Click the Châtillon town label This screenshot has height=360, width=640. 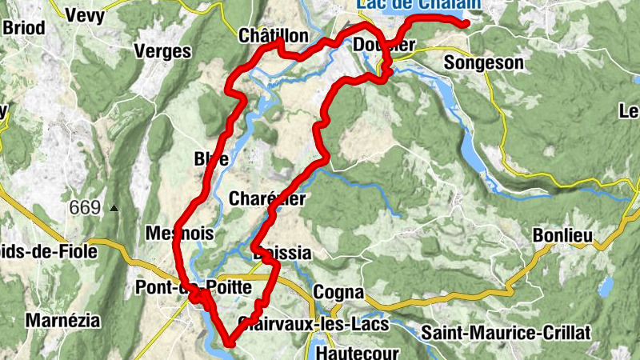[273, 36]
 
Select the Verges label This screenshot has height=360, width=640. [163, 52]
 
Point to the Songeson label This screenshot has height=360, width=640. [483, 62]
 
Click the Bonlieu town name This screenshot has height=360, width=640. [563, 235]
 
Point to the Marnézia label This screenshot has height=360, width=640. [63, 321]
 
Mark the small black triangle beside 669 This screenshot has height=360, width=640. [114, 208]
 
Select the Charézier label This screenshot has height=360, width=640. [266, 198]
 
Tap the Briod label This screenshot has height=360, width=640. [23, 27]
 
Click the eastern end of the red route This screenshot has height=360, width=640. [465, 24]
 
